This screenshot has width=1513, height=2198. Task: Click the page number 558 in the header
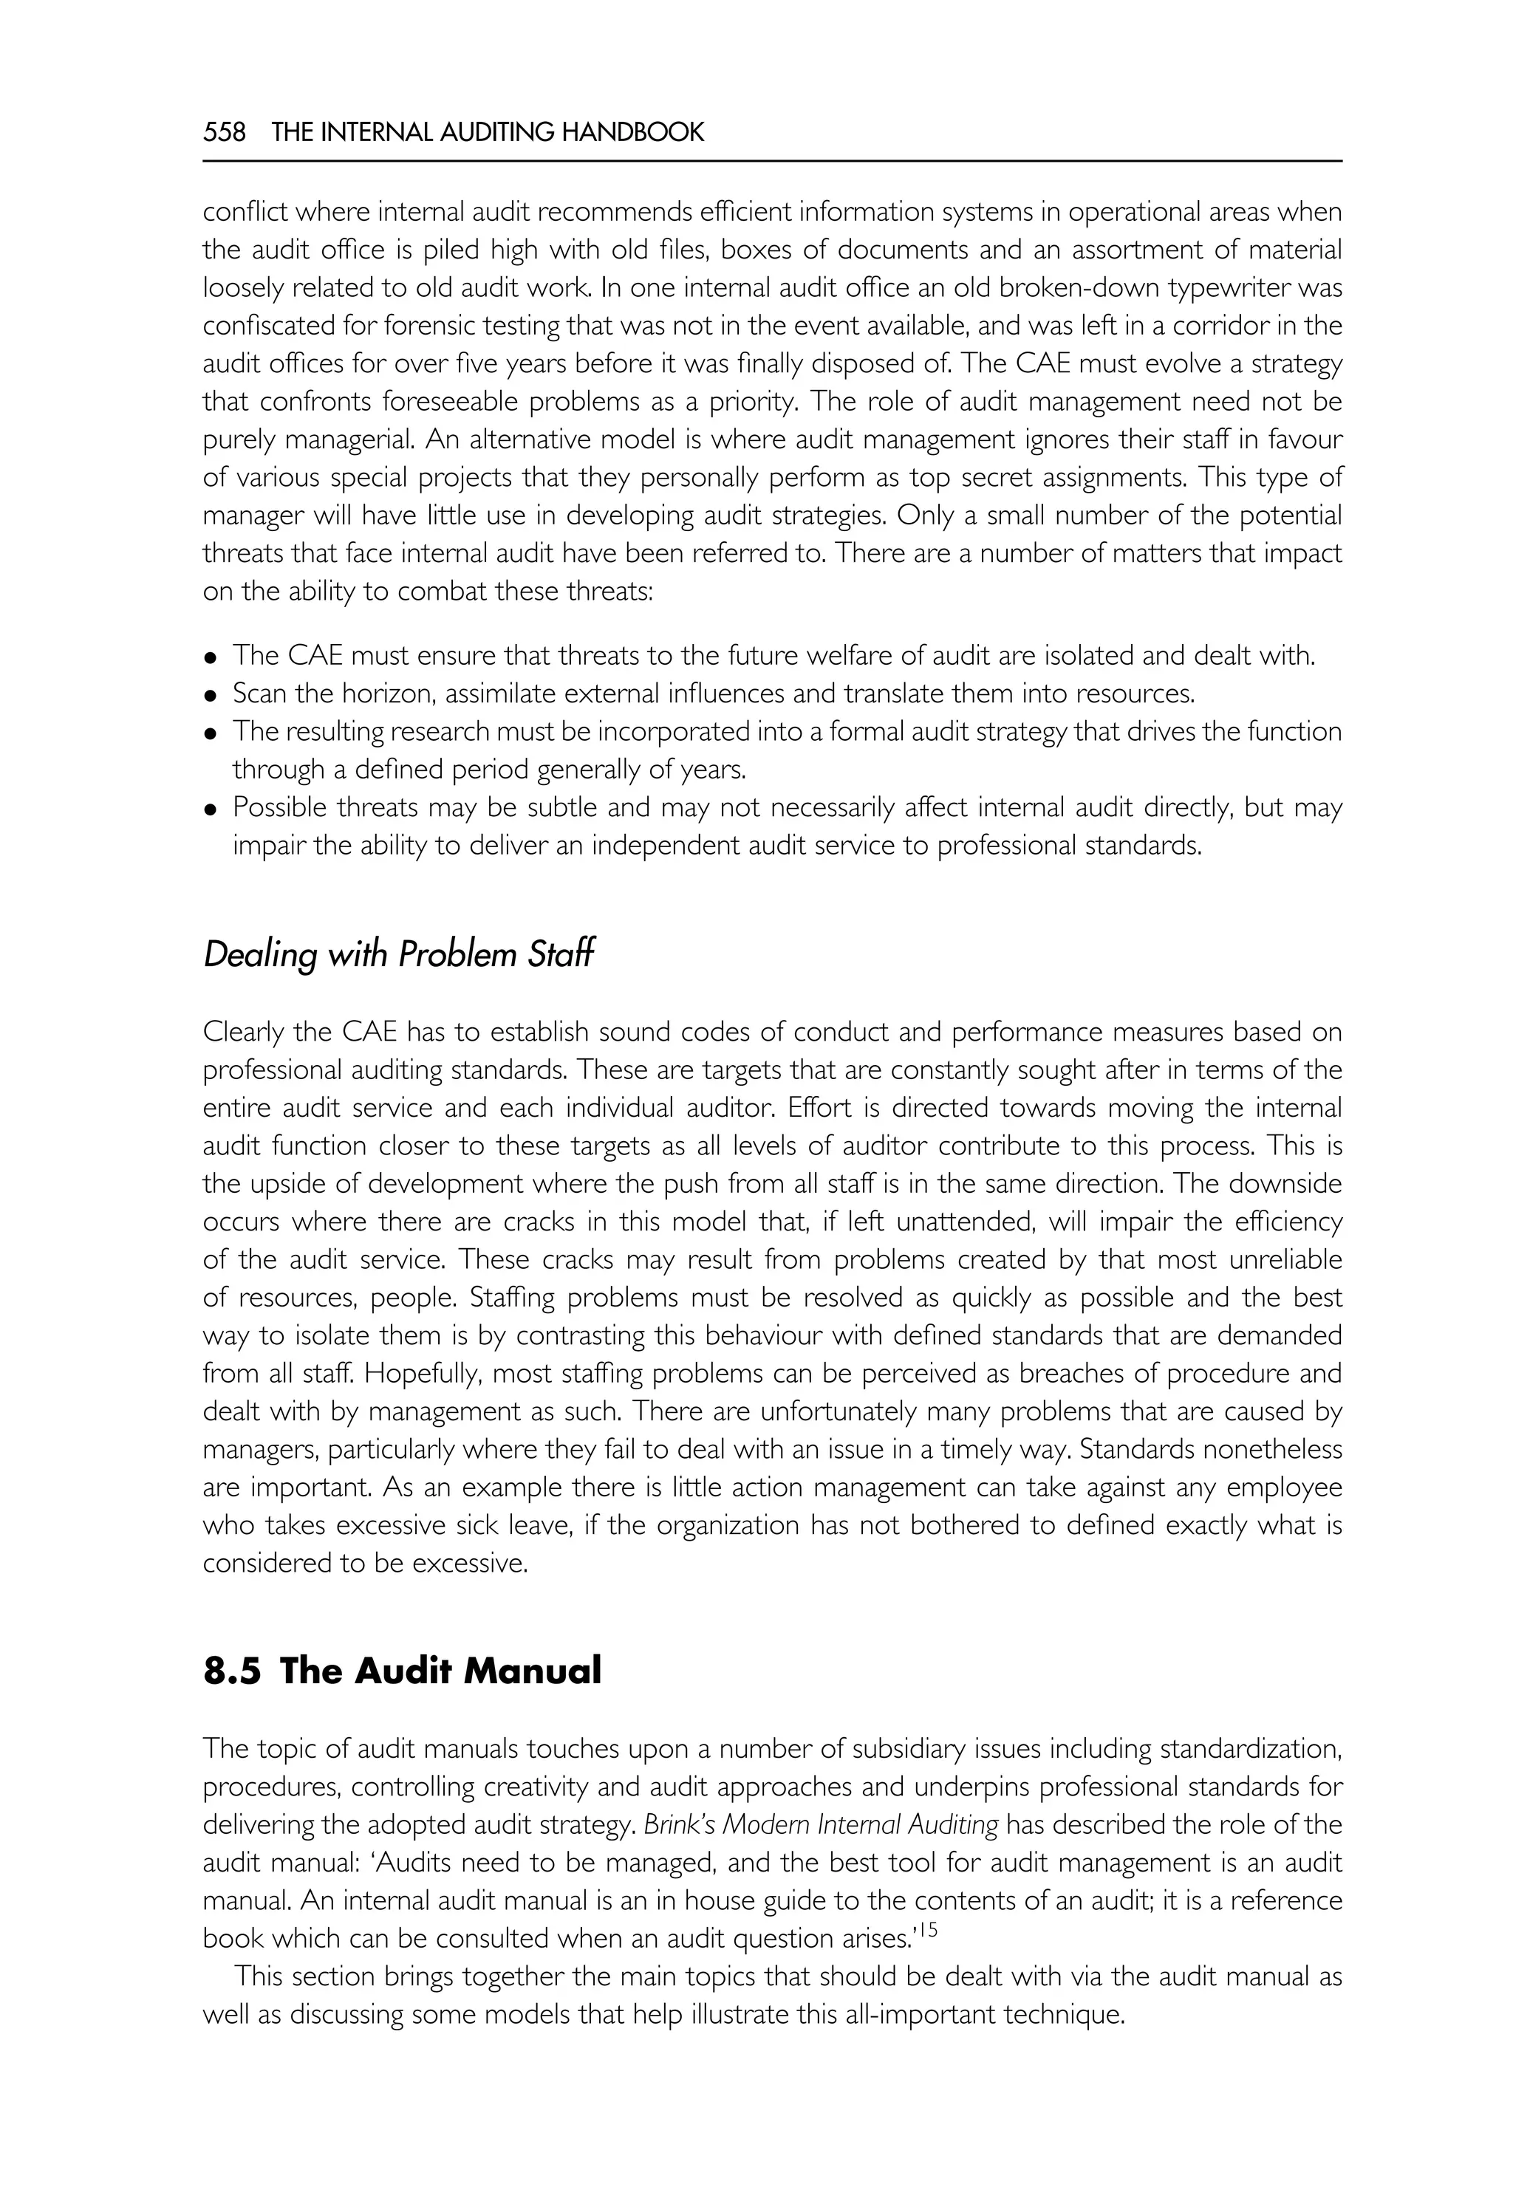pyautogui.click(x=224, y=131)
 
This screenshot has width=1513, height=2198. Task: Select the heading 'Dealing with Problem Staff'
pyautogui.click(x=398, y=954)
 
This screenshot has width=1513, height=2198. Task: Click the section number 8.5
pyautogui.click(x=231, y=1671)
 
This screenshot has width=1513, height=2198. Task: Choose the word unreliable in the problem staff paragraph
pyautogui.click(x=1285, y=1260)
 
